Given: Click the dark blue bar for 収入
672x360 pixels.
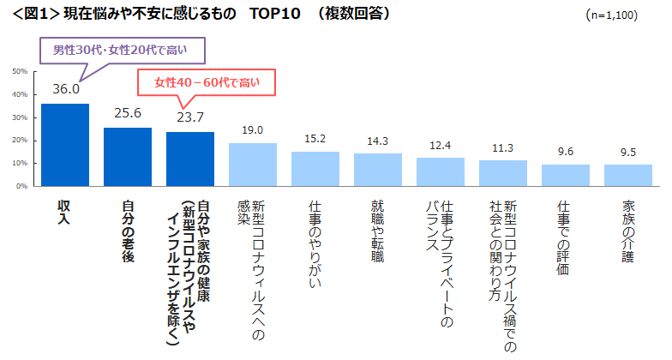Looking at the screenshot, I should pos(65,145).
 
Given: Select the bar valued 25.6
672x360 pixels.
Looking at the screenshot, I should pos(128,157).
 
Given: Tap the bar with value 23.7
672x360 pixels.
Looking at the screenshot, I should pos(190,159).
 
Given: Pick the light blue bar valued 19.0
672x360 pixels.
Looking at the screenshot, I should pos(253,165).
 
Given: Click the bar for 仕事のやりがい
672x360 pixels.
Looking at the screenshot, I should pos(315,169).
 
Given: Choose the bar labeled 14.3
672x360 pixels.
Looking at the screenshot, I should pos(378,170).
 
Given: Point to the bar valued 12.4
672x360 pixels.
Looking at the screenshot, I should pos(441,171).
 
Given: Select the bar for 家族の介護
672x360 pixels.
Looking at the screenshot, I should pos(628,175).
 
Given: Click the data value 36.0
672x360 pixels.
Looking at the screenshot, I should pos(66,89).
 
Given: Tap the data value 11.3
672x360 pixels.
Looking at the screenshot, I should pos(503,147).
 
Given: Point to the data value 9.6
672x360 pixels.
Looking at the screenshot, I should pos(566,152).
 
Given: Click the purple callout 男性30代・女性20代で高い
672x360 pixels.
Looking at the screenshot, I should pos(126,51).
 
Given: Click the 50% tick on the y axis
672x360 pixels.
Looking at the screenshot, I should pos(21,71).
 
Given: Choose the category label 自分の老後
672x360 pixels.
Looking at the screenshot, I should pos(128,222).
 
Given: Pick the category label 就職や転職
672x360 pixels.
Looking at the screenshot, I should pos(378,225).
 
